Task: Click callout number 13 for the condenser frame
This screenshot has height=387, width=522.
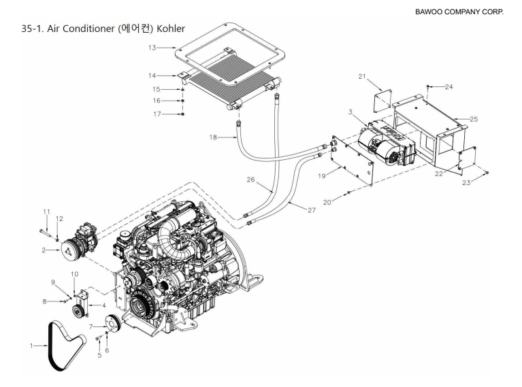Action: [x=152, y=48]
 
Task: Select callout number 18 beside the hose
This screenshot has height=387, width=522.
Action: [x=213, y=137]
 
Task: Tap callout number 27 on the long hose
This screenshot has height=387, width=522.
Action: [x=311, y=210]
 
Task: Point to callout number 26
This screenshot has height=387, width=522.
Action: [x=250, y=180]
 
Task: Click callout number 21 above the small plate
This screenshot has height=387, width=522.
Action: [x=362, y=77]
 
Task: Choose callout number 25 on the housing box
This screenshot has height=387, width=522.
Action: [x=473, y=119]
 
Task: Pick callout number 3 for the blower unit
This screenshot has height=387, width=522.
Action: [x=350, y=112]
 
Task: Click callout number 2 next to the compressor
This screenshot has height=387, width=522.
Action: [x=44, y=250]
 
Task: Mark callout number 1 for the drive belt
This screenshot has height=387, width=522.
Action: [x=31, y=346]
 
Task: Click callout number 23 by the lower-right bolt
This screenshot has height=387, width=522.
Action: [x=466, y=183]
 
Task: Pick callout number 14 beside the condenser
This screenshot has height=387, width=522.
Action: [x=152, y=75]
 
